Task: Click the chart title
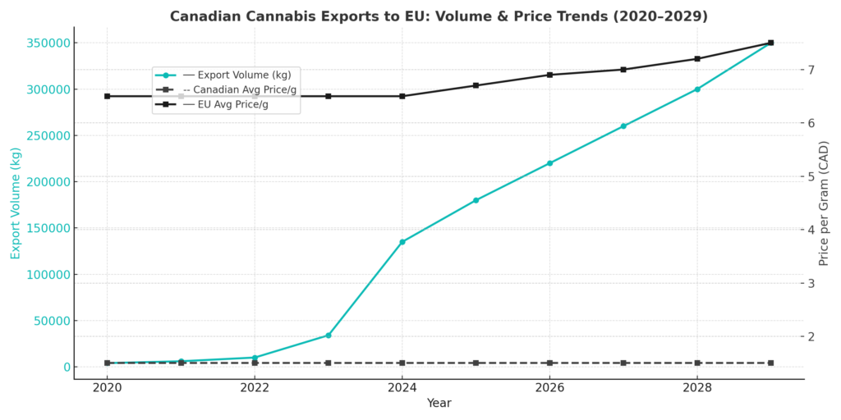[439, 16]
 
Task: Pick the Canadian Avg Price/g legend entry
[239, 89]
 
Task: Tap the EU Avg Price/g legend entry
[232, 104]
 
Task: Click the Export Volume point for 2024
[402, 242]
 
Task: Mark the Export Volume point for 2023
[329, 335]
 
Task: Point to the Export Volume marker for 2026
[549, 163]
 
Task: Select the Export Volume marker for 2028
[697, 89]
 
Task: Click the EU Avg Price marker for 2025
[476, 85]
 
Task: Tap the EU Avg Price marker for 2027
[623, 69]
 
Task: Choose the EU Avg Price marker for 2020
[107, 96]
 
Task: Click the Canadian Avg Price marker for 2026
[549, 363]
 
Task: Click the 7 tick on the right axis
[811, 70]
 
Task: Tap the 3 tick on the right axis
[811, 283]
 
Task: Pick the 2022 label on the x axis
[255, 386]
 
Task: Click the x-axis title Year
[439, 403]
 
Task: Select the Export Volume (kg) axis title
[16, 203]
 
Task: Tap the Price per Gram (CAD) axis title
[825, 203]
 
